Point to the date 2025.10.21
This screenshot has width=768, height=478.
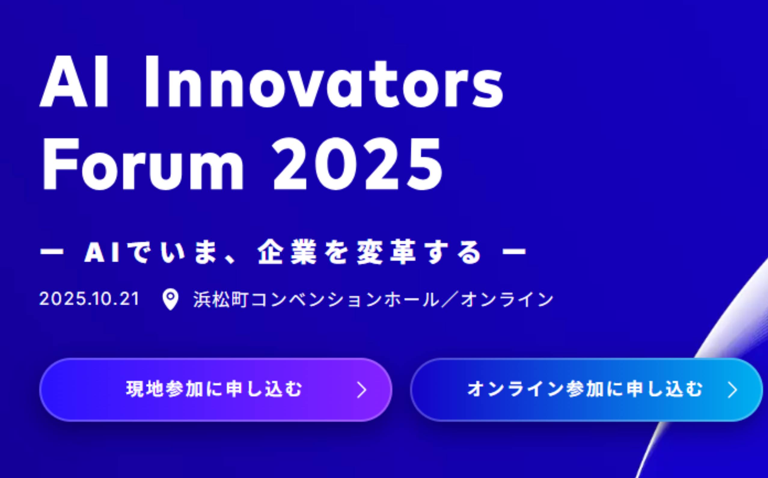[x=89, y=299]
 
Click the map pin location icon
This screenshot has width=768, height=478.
[x=170, y=300]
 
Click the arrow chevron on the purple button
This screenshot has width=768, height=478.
[x=362, y=390]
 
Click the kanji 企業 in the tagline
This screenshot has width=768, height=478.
[x=287, y=252]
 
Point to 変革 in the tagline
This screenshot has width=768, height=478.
[x=386, y=252]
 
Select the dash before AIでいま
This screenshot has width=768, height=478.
[x=52, y=252]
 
